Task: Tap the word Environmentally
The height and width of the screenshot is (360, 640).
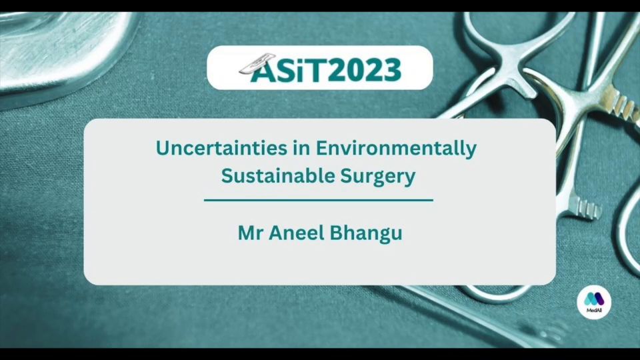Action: click(396, 149)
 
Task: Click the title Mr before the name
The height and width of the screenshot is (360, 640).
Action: click(251, 233)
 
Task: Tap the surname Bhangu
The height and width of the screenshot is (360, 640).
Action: click(366, 234)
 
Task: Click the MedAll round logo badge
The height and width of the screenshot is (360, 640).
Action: click(594, 302)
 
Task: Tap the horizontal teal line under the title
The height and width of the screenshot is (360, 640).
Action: click(319, 201)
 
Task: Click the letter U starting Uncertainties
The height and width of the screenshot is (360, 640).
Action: click(163, 148)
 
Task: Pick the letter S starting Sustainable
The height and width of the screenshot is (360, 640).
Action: click(227, 176)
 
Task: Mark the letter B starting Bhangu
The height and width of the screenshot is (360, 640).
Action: click(336, 233)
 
